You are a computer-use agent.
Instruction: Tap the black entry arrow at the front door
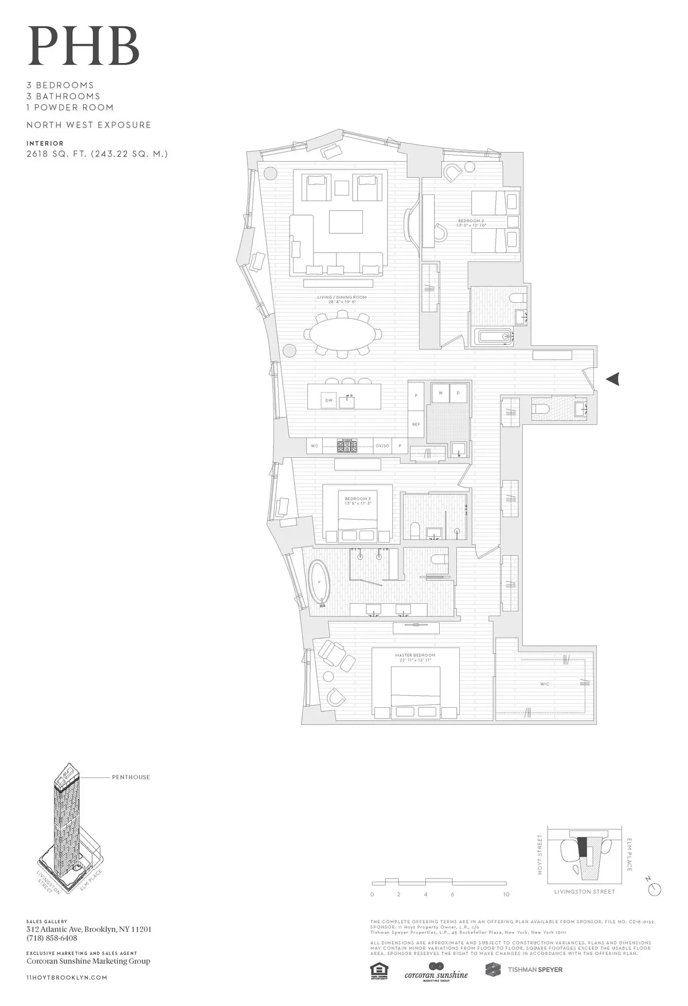pos(613,378)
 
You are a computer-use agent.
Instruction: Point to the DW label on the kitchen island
pos(329,400)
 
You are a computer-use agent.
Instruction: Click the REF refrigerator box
pos(416,424)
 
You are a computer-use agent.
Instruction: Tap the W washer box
pos(440,393)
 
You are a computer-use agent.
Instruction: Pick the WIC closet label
pos(544,684)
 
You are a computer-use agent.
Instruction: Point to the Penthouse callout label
pos(131,777)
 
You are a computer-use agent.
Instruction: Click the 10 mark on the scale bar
pos(506,894)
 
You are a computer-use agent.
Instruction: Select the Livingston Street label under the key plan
pos(584,892)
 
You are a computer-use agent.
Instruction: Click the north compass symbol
pos(655,888)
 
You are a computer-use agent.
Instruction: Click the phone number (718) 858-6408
pos(52,938)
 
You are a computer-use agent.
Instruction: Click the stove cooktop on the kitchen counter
pos(346,446)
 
